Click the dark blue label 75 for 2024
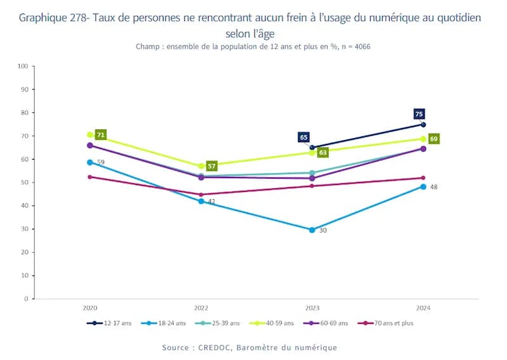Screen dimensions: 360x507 (x=419, y=114)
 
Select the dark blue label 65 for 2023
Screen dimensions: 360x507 (x=304, y=138)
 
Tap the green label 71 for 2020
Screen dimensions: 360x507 (x=100, y=135)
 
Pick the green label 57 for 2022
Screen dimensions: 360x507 (x=212, y=166)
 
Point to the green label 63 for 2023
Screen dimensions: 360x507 (x=323, y=153)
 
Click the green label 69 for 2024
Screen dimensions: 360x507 (x=434, y=139)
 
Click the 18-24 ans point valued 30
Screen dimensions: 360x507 (x=312, y=230)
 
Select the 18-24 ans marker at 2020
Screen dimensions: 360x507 (x=90, y=162)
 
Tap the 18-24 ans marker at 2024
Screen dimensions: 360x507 (x=423, y=186)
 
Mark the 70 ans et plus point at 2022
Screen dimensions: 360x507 (x=201, y=195)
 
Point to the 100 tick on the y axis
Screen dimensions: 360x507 (x=23, y=66)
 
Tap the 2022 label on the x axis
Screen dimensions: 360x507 (x=201, y=307)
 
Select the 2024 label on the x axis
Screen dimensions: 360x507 (x=423, y=307)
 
